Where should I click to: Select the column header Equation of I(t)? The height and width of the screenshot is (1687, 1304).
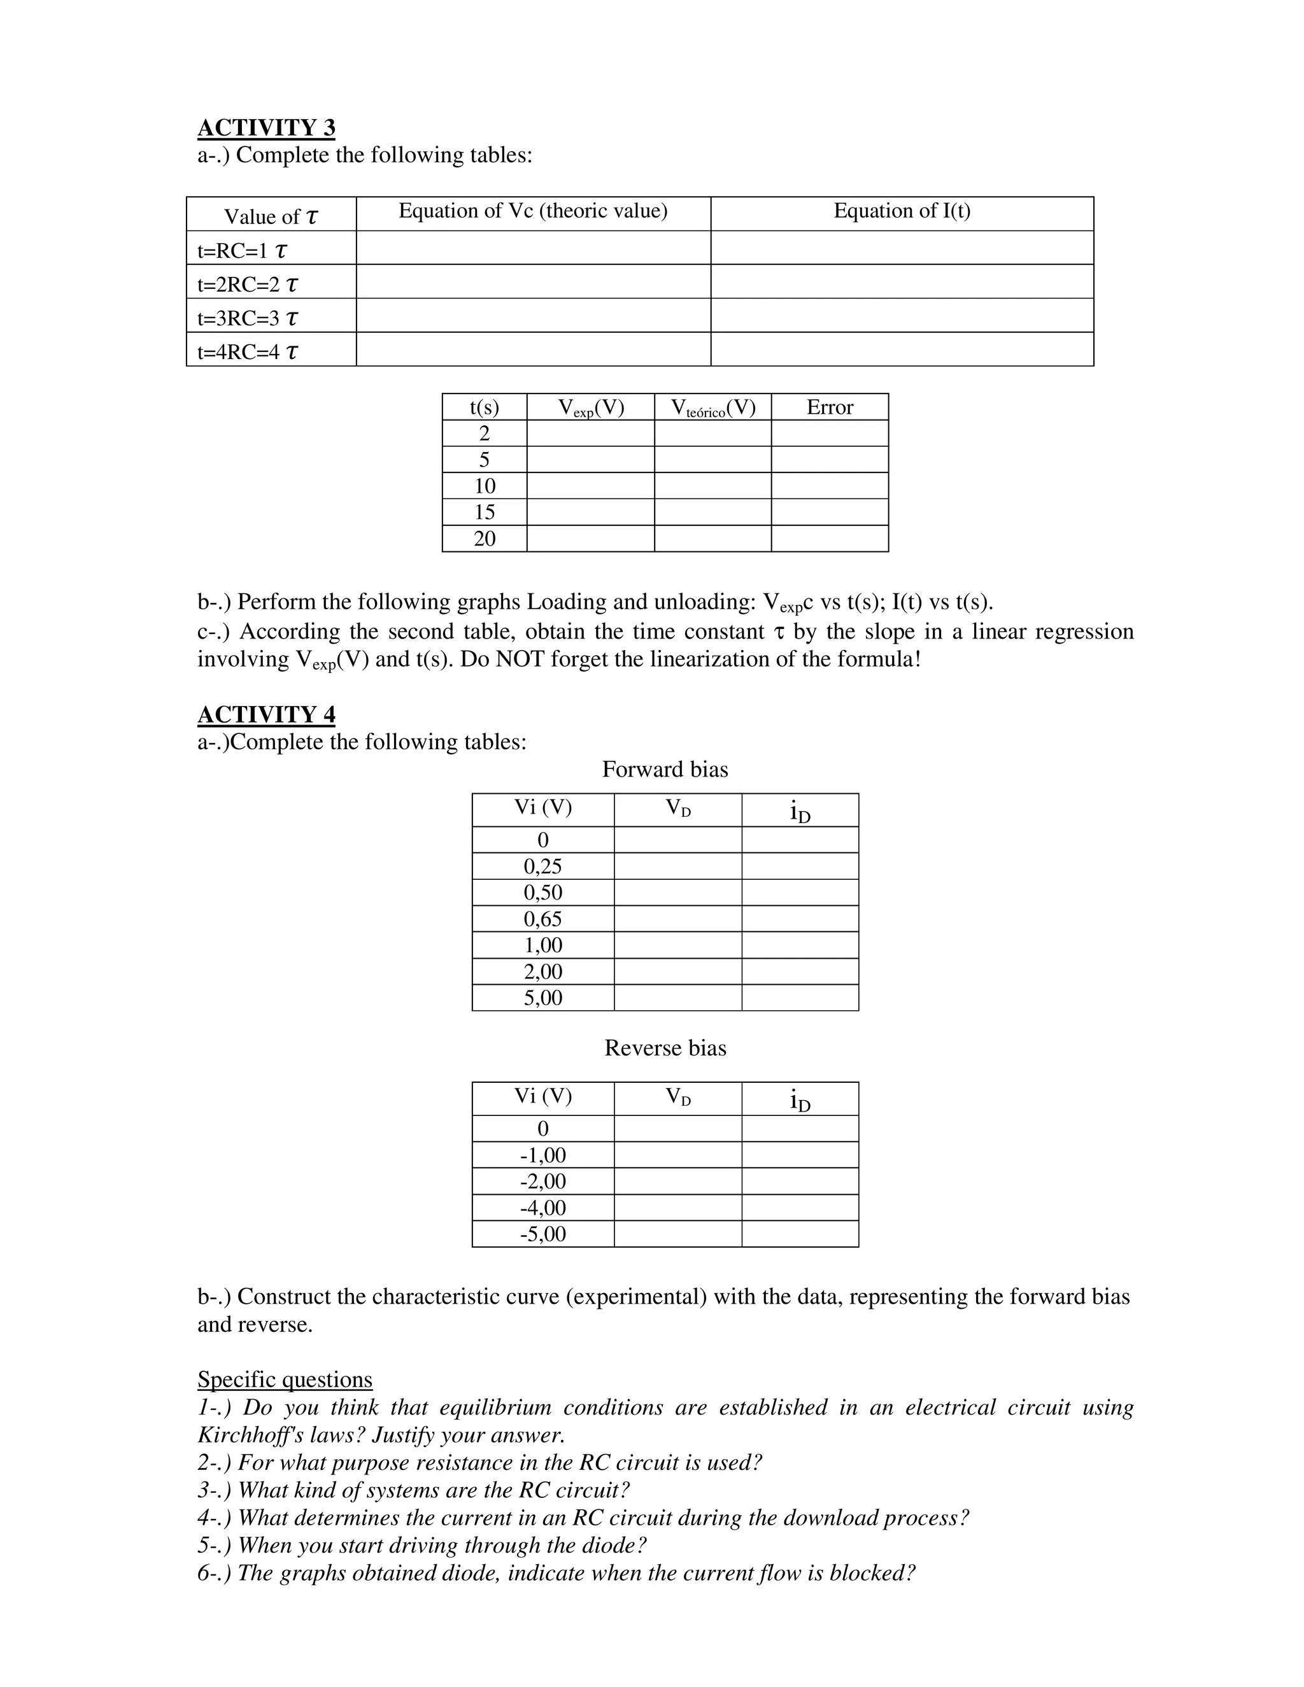pyautogui.click(x=902, y=211)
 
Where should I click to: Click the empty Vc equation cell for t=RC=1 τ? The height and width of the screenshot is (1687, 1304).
pyautogui.click(x=532, y=248)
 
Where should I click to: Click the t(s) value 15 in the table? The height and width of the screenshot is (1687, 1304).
pyautogui.click(x=485, y=512)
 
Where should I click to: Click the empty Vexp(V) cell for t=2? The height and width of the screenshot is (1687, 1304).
pyautogui.click(x=590, y=434)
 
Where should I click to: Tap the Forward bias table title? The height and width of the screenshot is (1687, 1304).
pyautogui.click(x=664, y=770)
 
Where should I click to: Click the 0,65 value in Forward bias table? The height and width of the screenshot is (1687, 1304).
pyautogui.click(x=542, y=919)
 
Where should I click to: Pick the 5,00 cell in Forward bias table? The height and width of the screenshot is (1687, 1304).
pyautogui.click(x=542, y=998)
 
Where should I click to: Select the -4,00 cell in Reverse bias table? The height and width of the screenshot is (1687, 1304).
pyautogui.click(x=542, y=1208)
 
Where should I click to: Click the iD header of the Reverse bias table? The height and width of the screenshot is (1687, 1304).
pyautogui.click(x=800, y=1099)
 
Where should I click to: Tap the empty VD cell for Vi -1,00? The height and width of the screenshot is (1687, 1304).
pyautogui.click(x=677, y=1155)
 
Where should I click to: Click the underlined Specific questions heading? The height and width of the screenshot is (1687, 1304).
pyautogui.click(x=284, y=1380)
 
